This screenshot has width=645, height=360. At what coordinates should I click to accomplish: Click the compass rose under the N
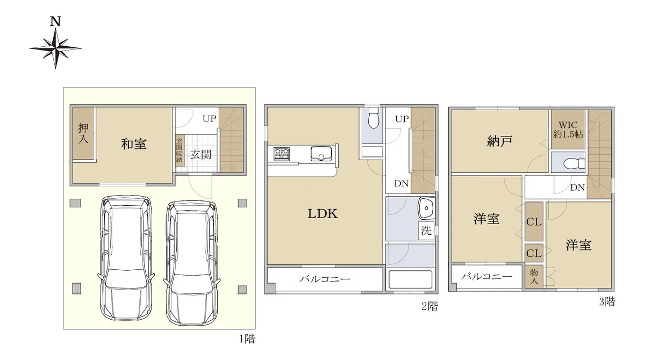click(x=55, y=48)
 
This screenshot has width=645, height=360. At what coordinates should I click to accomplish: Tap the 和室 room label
click(x=134, y=143)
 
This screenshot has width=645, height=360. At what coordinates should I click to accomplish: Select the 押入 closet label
click(x=83, y=133)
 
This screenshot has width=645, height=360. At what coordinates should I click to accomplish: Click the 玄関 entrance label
click(x=200, y=155)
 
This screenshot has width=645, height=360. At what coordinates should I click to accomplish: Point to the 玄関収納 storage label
click(x=180, y=150)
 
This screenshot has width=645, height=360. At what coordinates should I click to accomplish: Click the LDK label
click(x=322, y=213)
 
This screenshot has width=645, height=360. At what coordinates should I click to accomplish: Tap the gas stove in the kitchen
click(x=282, y=154)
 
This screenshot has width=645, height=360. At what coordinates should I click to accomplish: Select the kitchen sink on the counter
click(x=321, y=153)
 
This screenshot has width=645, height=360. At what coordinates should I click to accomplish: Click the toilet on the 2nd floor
click(x=374, y=118)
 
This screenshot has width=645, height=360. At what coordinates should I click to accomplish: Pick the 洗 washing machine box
click(x=426, y=231)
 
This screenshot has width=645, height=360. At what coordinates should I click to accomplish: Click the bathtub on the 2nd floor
click(x=410, y=279)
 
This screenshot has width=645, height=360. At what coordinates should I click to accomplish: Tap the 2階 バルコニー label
click(x=325, y=279)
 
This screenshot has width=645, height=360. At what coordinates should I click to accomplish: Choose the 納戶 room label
click(x=499, y=141)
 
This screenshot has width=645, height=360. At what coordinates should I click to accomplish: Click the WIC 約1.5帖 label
click(x=568, y=129)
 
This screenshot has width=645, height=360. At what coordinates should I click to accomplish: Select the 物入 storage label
click(x=534, y=276)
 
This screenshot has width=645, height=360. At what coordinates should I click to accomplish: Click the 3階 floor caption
click(x=607, y=301)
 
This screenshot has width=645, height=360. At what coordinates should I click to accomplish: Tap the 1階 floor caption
click(x=247, y=339)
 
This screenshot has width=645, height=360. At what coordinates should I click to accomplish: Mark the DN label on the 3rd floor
click(x=577, y=188)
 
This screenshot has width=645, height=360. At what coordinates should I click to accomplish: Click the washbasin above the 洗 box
click(x=426, y=208)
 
